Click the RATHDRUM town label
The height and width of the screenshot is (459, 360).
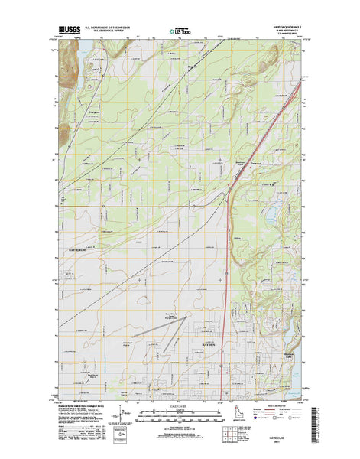click(x=79, y=250)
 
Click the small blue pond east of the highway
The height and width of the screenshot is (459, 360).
click(x=269, y=212)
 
